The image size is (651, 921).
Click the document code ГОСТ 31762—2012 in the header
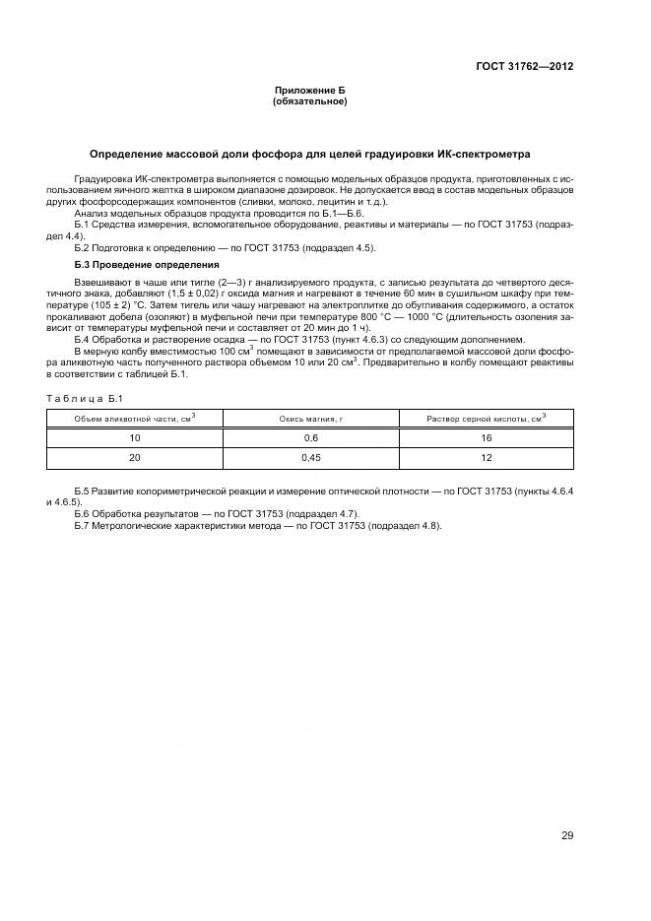(525, 67)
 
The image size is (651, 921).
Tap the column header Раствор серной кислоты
(486, 419)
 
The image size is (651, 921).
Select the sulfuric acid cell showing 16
(486, 437)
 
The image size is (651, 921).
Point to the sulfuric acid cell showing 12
(486, 458)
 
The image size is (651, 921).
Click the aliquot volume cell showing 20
(135, 458)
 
